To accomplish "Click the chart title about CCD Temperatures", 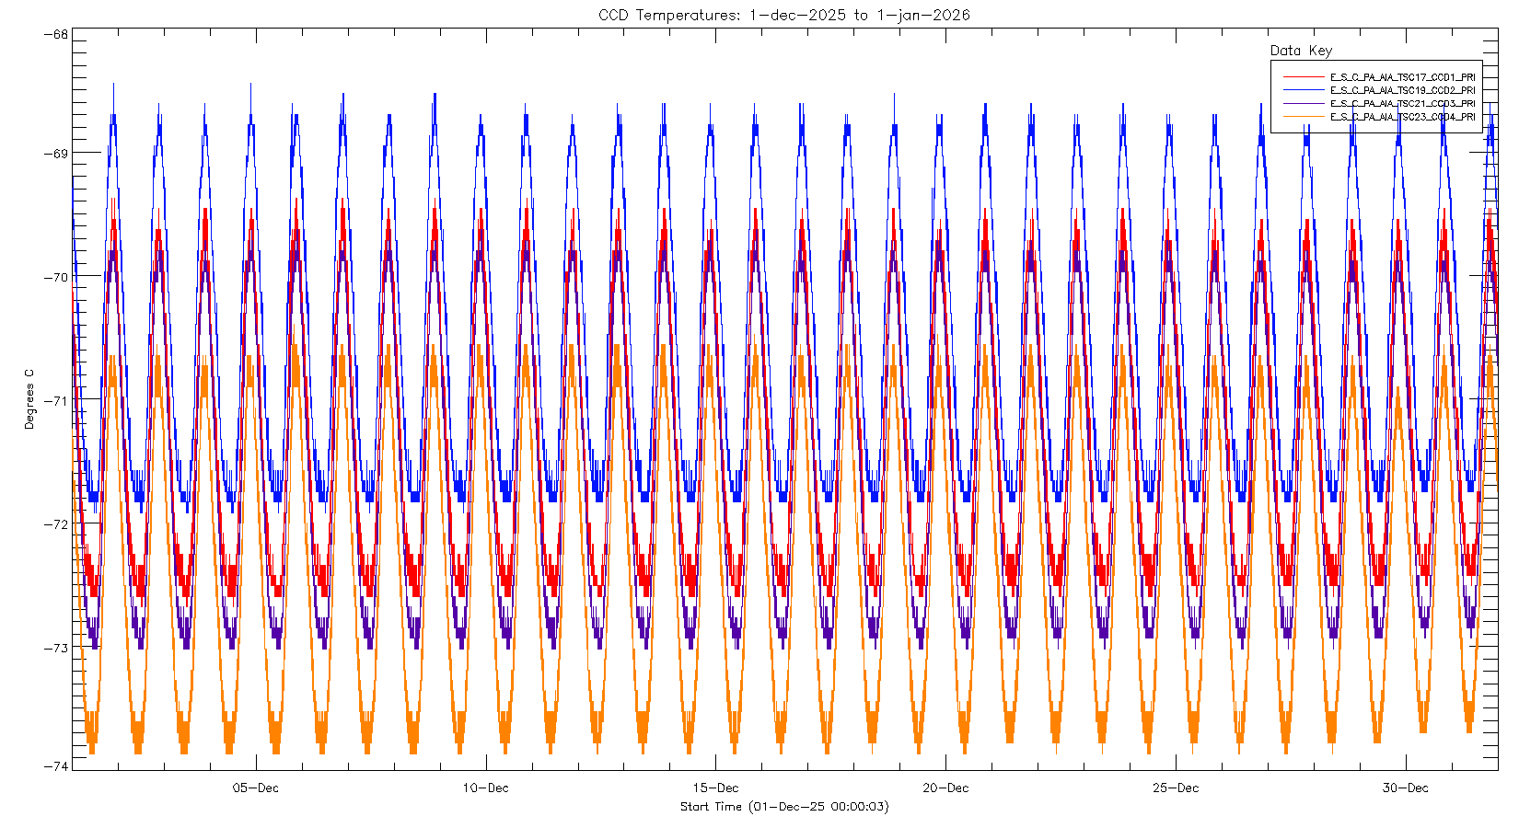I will tap(783, 15).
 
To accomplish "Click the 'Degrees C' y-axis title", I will tap(29, 399).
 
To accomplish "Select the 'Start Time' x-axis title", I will tap(783, 807).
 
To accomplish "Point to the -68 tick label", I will tap(55, 35).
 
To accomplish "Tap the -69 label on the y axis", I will tap(55, 153).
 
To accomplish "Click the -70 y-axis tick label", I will tap(55, 277).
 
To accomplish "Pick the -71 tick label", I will tap(55, 400).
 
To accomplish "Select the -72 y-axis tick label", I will tap(55, 524).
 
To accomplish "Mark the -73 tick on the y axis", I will tap(55, 648).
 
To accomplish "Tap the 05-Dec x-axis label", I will tap(255, 788).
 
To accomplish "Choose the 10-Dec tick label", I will tap(485, 788).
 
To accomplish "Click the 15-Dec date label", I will tap(715, 788).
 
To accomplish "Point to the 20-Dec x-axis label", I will tap(945, 788).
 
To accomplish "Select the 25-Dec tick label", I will tap(1176, 788).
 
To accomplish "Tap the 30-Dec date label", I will tap(1406, 788).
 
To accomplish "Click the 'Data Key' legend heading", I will tap(1301, 51).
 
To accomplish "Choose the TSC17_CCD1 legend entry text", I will tap(1402, 77).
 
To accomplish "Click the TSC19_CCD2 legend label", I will tap(1402, 90).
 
